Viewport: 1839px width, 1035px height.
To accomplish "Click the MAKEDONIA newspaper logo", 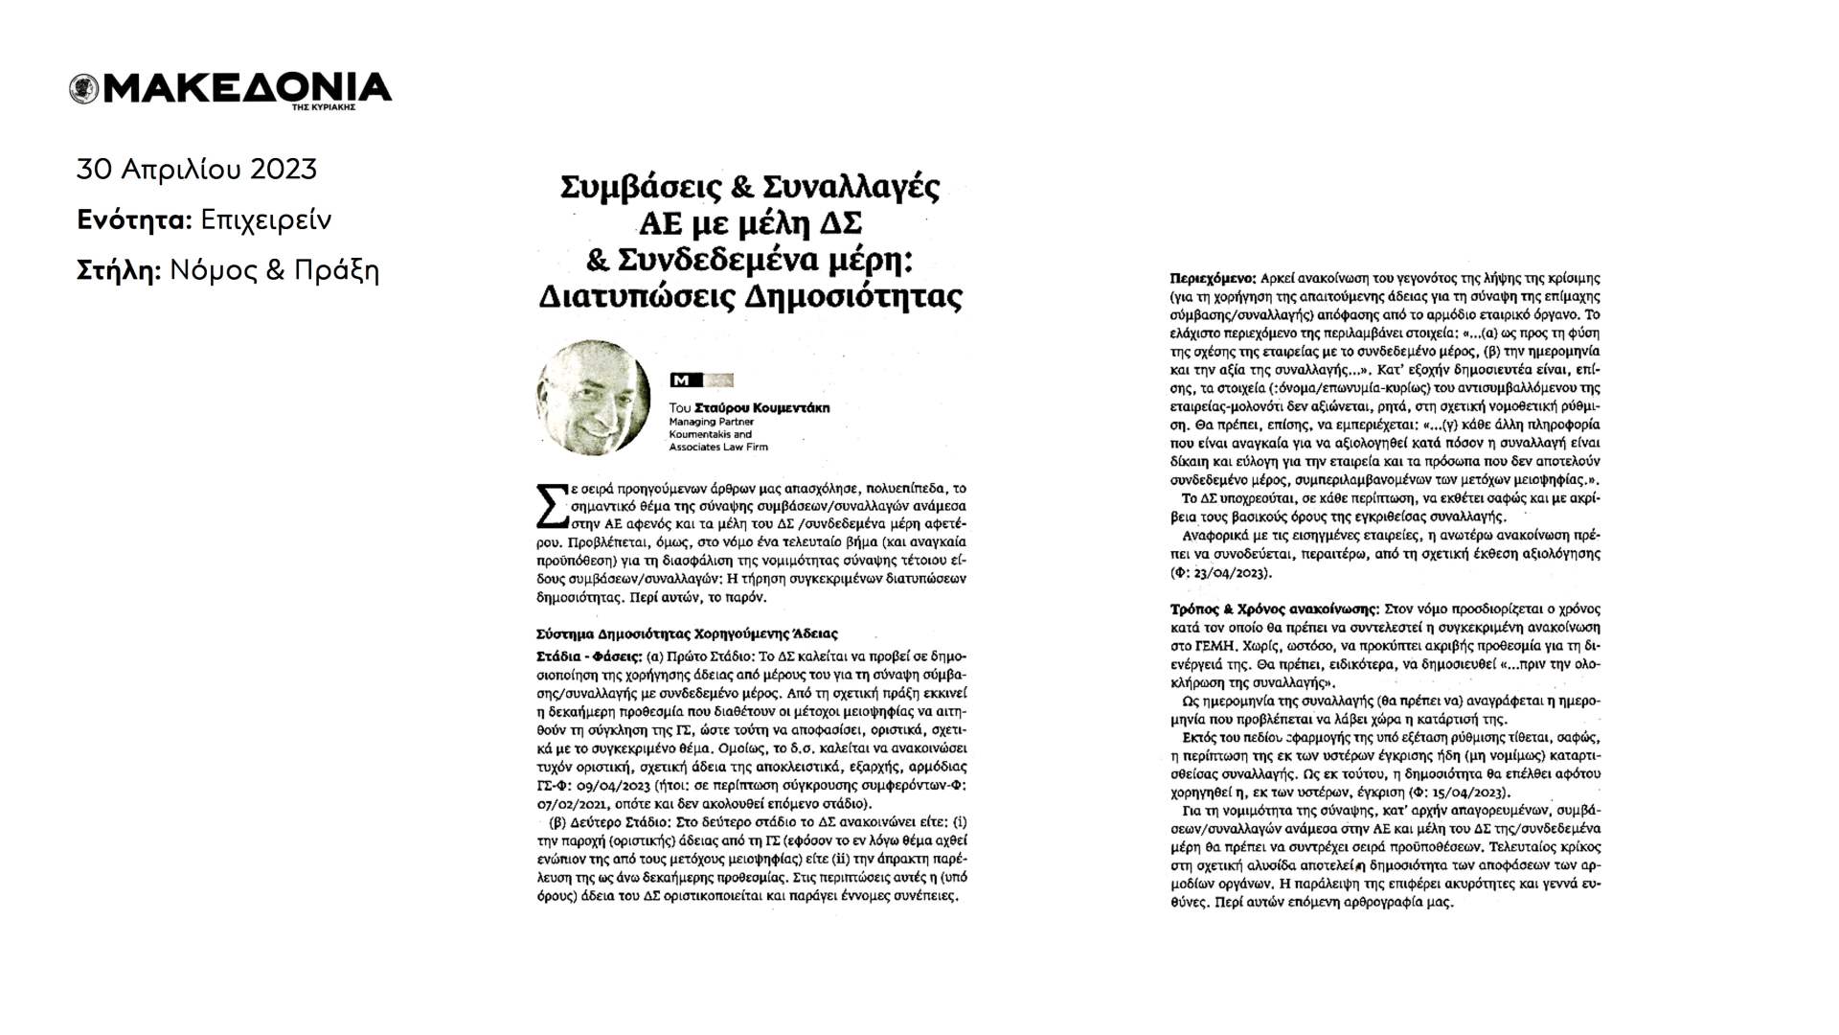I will (231, 89).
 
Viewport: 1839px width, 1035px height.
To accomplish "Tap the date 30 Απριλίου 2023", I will (196, 170).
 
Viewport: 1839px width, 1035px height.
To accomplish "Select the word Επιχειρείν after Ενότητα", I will (265, 220).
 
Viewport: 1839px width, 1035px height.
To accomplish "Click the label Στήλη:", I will (119, 271).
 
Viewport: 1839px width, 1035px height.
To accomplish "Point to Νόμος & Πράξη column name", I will (274, 271).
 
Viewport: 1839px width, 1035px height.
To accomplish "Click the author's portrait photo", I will (593, 397).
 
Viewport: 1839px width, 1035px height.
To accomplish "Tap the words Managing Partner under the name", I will (711, 422).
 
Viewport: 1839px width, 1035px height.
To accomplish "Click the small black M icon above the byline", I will (683, 379).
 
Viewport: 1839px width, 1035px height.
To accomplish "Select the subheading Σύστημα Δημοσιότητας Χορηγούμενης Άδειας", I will (687, 633).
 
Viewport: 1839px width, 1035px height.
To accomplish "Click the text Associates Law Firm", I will (717, 447).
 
